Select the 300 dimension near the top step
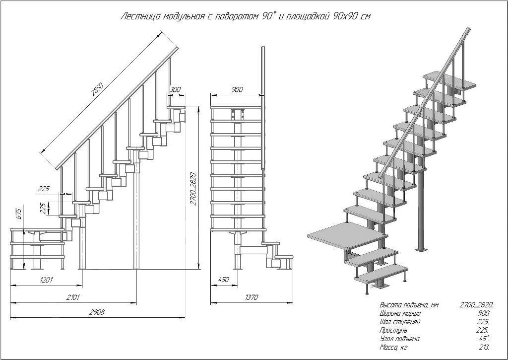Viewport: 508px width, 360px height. (175, 90)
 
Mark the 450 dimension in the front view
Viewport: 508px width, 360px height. (223, 280)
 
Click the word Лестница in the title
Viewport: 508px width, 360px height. (138, 17)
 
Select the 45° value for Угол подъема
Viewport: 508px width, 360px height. (484, 339)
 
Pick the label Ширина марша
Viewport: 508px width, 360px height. (400, 314)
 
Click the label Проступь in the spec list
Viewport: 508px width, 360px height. (393, 330)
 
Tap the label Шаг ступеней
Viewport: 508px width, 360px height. (400, 322)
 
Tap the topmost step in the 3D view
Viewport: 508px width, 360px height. (449, 79)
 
